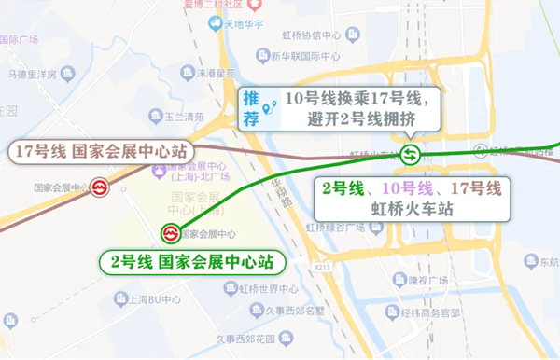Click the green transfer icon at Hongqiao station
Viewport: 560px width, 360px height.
(x=409, y=154)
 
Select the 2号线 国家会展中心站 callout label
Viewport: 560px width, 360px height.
(x=192, y=259)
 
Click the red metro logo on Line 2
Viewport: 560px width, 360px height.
(x=172, y=232)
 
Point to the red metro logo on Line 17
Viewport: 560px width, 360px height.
(x=101, y=187)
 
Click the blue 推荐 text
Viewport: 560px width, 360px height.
(x=251, y=107)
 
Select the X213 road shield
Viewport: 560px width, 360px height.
(x=323, y=267)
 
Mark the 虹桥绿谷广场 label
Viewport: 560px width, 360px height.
(x=339, y=226)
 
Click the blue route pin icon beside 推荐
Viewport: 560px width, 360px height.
(x=271, y=108)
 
